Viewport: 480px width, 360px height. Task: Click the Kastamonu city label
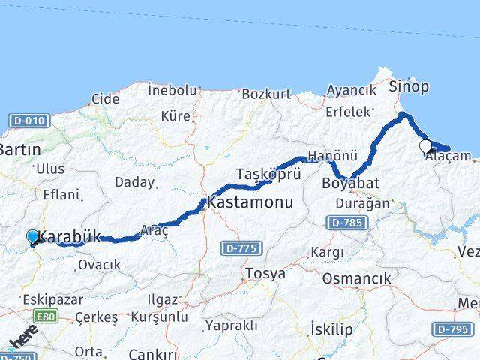[x=250, y=202]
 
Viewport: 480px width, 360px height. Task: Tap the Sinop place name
[x=409, y=86]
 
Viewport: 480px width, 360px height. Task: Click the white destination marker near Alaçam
[x=426, y=146]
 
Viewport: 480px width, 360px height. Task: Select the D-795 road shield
[x=450, y=329]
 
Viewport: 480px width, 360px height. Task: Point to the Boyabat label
[x=350, y=183]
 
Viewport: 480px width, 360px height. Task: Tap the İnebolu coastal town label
[x=172, y=90]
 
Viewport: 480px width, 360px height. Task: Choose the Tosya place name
[x=265, y=274]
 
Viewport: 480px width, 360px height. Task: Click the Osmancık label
[x=356, y=278]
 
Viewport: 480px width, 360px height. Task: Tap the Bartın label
[x=20, y=150]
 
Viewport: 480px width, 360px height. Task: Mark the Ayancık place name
[x=351, y=90]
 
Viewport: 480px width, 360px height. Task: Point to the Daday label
[x=134, y=182]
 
